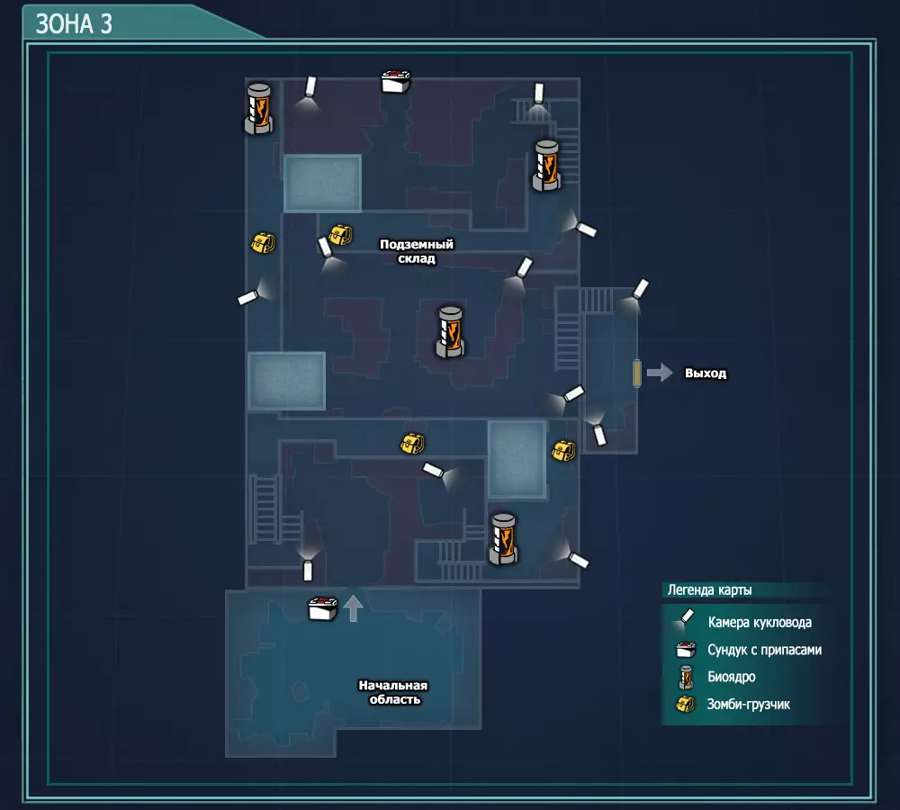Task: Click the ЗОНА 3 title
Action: pyautogui.click(x=74, y=24)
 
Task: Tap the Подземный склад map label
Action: pyautogui.click(x=417, y=251)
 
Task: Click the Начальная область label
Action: pyautogui.click(x=394, y=692)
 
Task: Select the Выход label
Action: pyautogui.click(x=706, y=373)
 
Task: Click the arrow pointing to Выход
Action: pyautogui.click(x=660, y=373)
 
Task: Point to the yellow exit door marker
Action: pyautogui.click(x=636, y=373)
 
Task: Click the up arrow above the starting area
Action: pyautogui.click(x=353, y=607)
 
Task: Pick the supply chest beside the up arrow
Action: pyautogui.click(x=322, y=608)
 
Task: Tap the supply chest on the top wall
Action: pyautogui.click(x=396, y=82)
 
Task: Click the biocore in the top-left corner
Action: pyautogui.click(x=259, y=109)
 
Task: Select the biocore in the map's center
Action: pyautogui.click(x=450, y=332)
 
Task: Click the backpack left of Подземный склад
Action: pyautogui.click(x=340, y=235)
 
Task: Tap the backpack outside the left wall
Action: pyautogui.click(x=263, y=243)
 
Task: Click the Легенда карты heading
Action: pyautogui.click(x=709, y=590)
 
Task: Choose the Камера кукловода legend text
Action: pyautogui.click(x=760, y=622)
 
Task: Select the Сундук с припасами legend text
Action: pyautogui.click(x=764, y=650)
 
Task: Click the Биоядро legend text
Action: pyautogui.click(x=731, y=677)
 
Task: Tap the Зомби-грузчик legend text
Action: pyautogui.click(x=748, y=705)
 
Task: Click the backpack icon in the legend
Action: pyautogui.click(x=685, y=704)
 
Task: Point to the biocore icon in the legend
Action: pyautogui.click(x=686, y=677)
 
